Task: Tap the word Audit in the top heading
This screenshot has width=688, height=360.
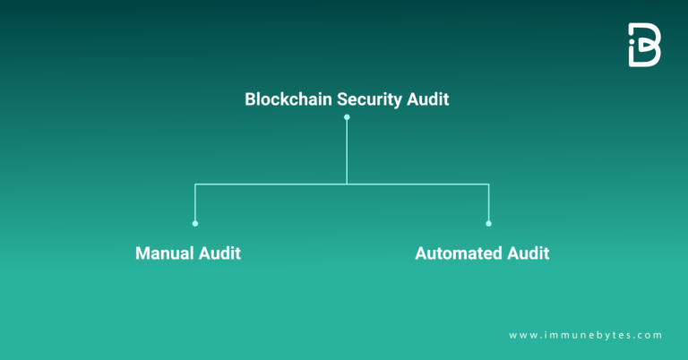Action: pyautogui.click(x=428, y=99)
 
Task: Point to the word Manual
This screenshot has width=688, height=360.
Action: pyautogui.click(x=166, y=253)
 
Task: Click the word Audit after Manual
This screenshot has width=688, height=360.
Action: pyautogui.click(x=221, y=253)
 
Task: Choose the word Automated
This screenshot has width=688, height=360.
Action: pyautogui.click(x=458, y=253)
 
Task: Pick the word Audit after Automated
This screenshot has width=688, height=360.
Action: pyautogui.click(x=528, y=253)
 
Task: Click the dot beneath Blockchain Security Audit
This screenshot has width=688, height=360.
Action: pyautogui.click(x=347, y=117)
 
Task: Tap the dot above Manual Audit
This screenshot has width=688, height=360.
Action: pyautogui.click(x=195, y=223)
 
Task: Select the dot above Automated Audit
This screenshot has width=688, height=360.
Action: pyautogui.click(x=489, y=223)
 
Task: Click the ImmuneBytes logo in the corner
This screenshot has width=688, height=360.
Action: pyautogui.click(x=644, y=45)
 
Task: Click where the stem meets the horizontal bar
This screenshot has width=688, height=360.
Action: pyautogui.click(x=347, y=184)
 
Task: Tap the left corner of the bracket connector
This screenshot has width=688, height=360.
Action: pyautogui.click(x=195, y=184)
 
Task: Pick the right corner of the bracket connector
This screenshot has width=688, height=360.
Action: pyautogui.click(x=489, y=184)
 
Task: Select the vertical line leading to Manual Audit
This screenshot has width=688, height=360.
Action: pyautogui.click(x=195, y=203)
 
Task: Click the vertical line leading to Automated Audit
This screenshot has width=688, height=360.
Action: pyautogui.click(x=489, y=203)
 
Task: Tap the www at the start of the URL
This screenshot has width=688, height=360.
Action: pyautogui.click(x=520, y=335)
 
